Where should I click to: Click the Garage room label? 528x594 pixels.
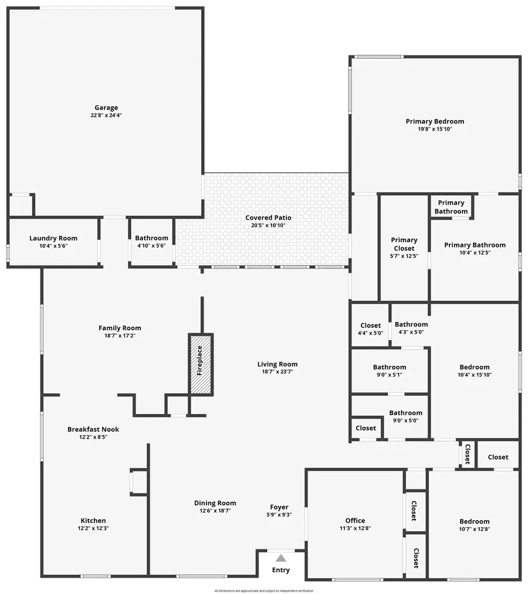[x=106, y=108]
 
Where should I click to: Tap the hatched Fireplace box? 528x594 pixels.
[x=200, y=364]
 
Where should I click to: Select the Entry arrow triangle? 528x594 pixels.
[x=281, y=558]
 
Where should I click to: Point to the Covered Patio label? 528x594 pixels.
[x=268, y=218]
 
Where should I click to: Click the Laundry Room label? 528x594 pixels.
[x=53, y=239]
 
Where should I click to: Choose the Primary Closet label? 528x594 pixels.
[x=404, y=243]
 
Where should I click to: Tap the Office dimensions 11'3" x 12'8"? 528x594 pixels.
[x=355, y=528]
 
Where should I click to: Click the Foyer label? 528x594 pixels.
[x=279, y=507]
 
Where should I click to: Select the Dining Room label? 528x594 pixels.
[x=215, y=503]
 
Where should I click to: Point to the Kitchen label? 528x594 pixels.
[x=93, y=521]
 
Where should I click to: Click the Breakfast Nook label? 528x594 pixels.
[x=93, y=429]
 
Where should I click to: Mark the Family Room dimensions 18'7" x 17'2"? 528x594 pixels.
[x=120, y=336]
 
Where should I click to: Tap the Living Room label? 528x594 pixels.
[x=277, y=364]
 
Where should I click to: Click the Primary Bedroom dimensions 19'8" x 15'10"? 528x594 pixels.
[x=435, y=129]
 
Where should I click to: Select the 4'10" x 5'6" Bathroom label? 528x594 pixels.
[x=151, y=239]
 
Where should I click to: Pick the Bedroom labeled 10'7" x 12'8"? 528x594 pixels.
[x=474, y=522]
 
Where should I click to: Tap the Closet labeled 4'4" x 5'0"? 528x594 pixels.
[x=371, y=325]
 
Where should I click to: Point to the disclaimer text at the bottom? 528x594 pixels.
[x=264, y=590]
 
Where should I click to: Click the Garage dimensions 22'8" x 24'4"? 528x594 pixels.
[x=106, y=116]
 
